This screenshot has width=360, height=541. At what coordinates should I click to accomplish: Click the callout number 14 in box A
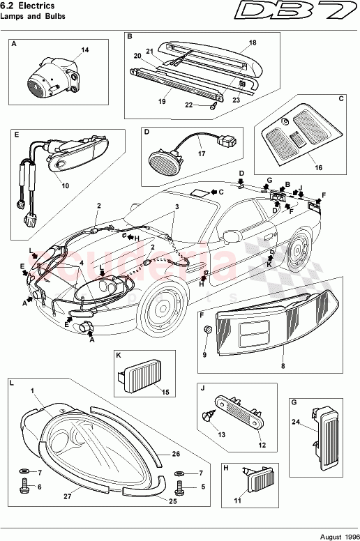[85, 50]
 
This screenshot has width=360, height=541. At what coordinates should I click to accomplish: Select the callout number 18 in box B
[253, 43]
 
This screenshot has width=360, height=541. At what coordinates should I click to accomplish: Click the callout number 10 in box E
[65, 186]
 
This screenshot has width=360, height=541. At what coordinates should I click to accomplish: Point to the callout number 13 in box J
[221, 435]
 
